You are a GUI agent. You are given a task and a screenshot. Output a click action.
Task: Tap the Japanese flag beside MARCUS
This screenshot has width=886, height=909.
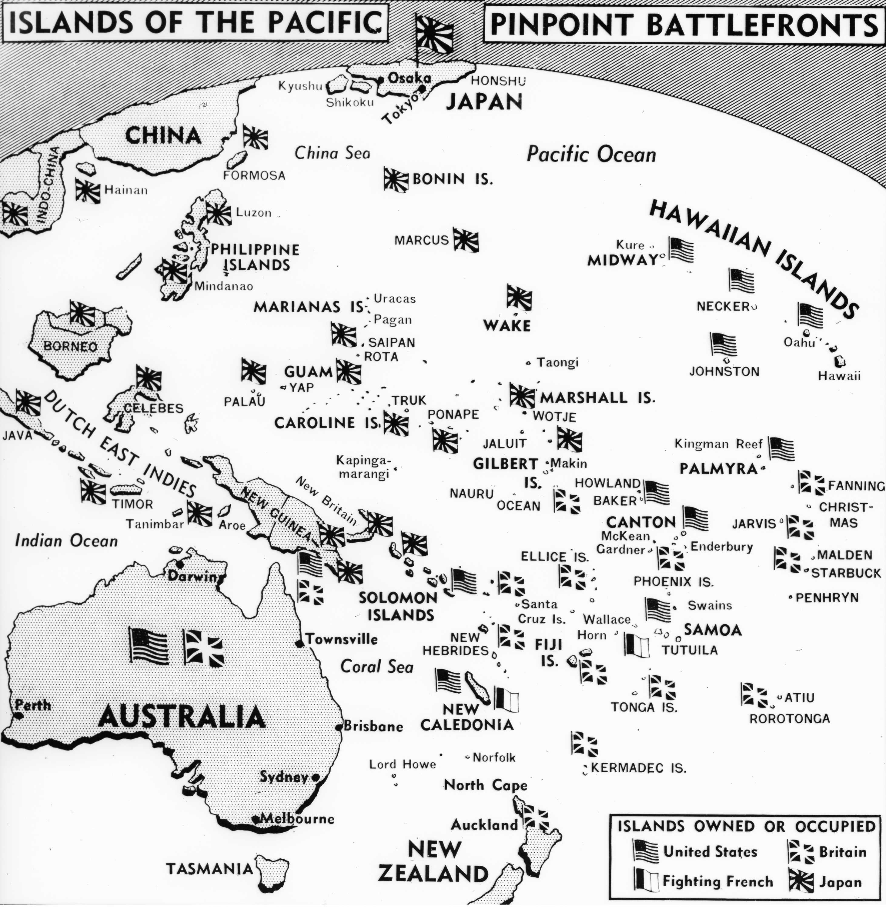[x=466, y=240]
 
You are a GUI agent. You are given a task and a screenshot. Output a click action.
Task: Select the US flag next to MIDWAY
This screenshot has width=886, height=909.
[x=681, y=249]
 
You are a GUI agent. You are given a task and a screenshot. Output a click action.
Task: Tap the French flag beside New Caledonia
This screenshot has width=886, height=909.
[x=506, y=699]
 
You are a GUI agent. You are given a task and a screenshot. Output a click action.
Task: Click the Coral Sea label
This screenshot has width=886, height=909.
[x=377, y=667]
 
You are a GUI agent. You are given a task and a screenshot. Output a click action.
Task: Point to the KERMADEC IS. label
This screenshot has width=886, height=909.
[x=638, y=767]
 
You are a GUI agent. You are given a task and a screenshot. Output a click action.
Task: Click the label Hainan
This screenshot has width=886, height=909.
[x=126, y=190]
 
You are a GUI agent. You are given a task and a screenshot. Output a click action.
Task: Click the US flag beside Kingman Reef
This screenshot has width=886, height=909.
[x=781, y=449]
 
